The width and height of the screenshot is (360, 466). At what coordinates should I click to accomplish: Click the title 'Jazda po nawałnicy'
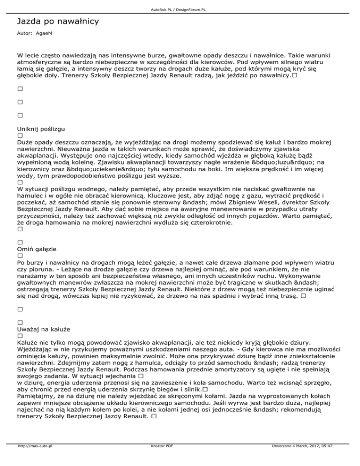pos(57,22)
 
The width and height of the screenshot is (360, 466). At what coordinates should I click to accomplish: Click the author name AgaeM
pos(44,35)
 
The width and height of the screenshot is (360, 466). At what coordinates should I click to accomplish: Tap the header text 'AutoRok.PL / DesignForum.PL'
pos(180,3)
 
